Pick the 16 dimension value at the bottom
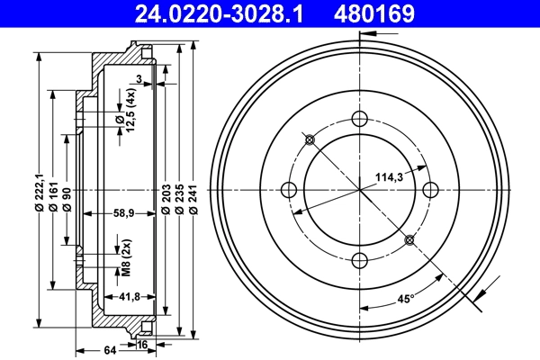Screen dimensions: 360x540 [x=142, y=344]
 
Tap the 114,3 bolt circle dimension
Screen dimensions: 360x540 [x=389, y=178]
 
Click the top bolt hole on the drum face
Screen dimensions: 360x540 [x=360, y=118]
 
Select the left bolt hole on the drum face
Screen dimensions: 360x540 [x=290, y=189]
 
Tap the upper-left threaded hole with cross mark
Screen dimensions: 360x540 [x=310, y=139]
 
